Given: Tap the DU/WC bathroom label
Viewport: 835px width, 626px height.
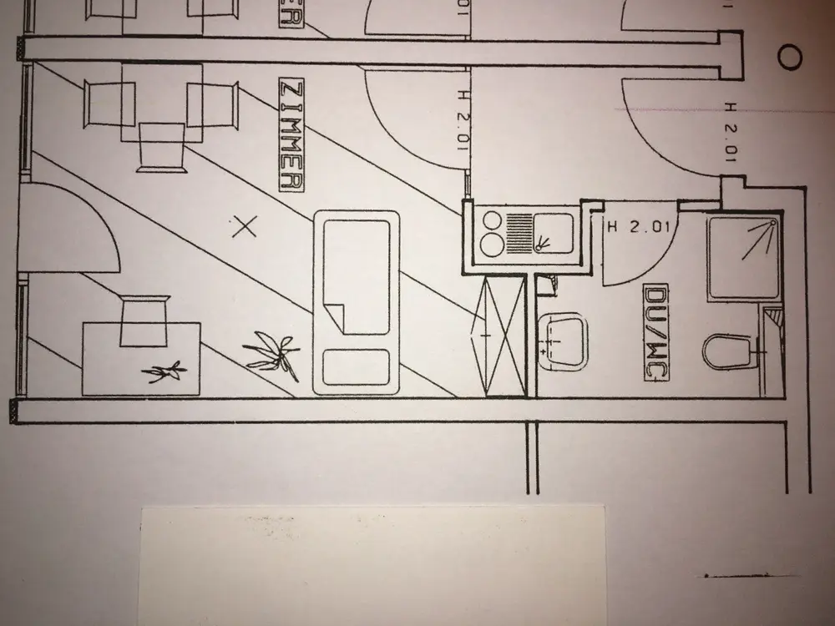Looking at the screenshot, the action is [655, 333].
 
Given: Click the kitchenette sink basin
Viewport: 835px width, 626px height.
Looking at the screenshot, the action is [553, 231].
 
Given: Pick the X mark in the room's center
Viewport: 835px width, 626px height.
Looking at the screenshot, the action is [244, 225].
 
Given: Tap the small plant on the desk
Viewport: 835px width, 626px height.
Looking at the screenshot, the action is [164, 371].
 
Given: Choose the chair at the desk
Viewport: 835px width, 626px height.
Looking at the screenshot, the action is [144, 321].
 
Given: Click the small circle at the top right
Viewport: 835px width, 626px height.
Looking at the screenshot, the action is [789, 57].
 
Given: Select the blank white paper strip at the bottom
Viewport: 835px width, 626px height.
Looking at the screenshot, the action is [372, 563].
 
